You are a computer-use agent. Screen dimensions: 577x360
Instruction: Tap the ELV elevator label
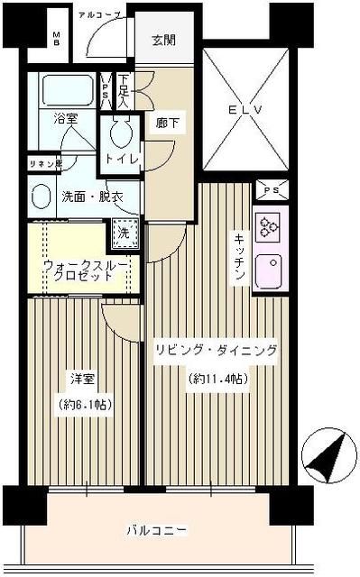[245, 111]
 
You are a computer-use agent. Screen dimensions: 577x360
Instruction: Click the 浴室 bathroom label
[65, 118]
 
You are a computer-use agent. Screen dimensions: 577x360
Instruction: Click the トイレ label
[124, 159]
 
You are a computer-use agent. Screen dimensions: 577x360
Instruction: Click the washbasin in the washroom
[41, 197]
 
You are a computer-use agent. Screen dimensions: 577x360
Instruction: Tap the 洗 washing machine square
[125, 232]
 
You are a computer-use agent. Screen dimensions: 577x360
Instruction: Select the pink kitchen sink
[270, 270]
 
